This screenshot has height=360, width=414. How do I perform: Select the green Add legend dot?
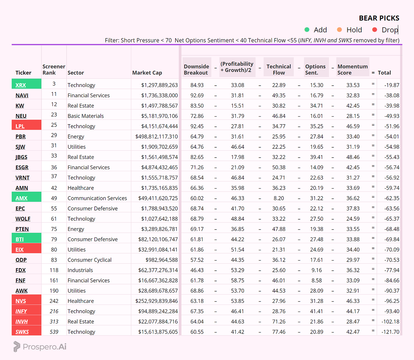307,30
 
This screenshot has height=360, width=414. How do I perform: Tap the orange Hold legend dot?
339,30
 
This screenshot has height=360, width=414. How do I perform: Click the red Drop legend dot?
374,30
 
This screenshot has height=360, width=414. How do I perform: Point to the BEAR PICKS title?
379,18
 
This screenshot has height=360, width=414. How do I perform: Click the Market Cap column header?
147,73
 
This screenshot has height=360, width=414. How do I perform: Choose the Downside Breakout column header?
196,70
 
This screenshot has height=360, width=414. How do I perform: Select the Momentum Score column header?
353,70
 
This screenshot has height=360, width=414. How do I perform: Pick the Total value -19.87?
392,85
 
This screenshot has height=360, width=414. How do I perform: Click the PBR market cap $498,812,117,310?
157,136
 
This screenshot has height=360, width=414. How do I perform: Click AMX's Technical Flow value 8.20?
279,198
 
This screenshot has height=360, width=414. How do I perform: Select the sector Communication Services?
97,198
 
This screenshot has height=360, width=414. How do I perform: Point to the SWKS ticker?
22,332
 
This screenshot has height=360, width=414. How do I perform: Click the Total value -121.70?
390,332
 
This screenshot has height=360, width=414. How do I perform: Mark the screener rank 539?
54,332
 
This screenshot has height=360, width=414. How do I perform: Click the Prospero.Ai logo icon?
17,347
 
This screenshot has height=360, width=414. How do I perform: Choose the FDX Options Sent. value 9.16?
316,270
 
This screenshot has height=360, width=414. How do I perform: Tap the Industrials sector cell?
80,270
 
